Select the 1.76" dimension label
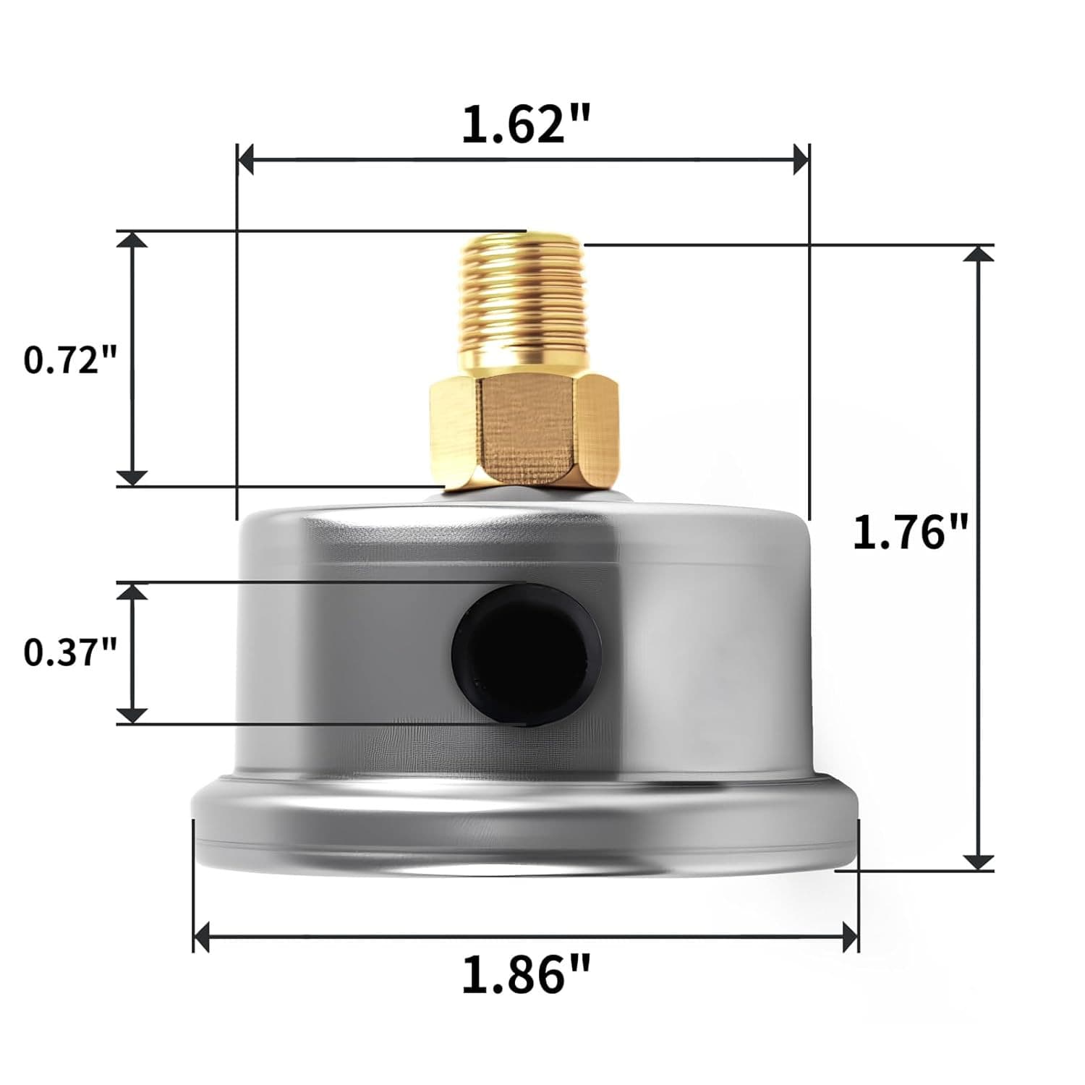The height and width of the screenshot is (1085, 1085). pyautogui.click(x=910, y=533)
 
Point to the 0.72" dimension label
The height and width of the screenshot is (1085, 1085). pyautogui.click(x=70, y=359)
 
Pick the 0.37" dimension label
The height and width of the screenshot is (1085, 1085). pyautogui.click(x=70, y=652)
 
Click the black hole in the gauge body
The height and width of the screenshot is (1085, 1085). pyautogui.click(x=527, y=652)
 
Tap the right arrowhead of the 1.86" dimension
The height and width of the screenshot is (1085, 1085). pyautogui.click(x=850, y=937)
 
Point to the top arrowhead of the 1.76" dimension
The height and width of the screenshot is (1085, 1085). pyautogui.click(x=979, y=254)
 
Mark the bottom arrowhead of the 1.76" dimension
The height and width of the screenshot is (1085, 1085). pyautogui.click(x=979, y=861)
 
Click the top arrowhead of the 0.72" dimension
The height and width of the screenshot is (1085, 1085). pyautogui.click(x=132, y=240)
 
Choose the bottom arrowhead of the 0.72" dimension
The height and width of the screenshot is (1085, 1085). pyautogui.click(x=132, y=477)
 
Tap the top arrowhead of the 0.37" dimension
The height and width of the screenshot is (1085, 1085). pyautogui.click(x=132, y=592)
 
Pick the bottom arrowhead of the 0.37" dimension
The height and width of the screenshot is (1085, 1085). pyautogui.click(x=132, y=715)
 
